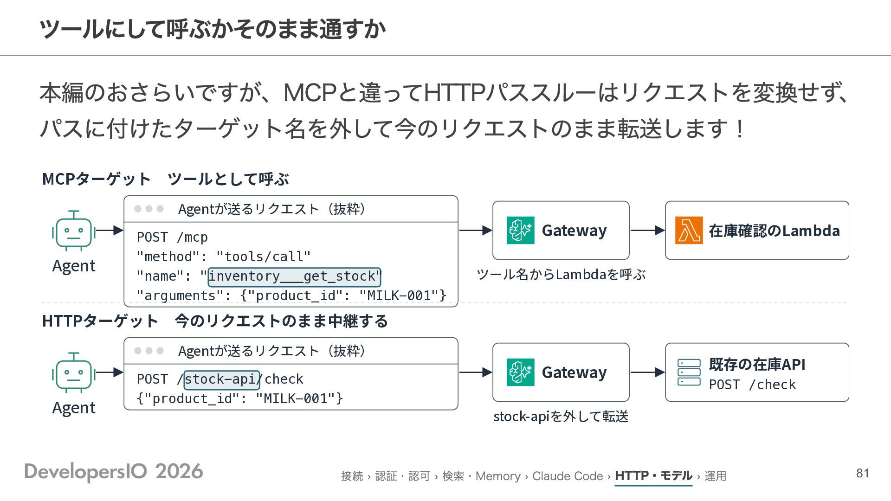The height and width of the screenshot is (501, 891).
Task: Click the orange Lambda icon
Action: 689,230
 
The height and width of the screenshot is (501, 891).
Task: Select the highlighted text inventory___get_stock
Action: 294,276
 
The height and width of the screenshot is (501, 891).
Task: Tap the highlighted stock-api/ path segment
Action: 222,379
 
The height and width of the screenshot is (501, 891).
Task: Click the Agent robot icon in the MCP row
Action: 74,231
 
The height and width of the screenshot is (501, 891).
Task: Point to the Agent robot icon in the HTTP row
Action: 74,373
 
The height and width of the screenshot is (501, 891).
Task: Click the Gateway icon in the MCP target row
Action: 520,230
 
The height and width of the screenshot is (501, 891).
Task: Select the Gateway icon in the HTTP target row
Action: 520,372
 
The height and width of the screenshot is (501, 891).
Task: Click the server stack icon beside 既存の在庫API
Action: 689,372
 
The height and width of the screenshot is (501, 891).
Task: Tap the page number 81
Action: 863,473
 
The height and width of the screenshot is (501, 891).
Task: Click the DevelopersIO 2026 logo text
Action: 114,471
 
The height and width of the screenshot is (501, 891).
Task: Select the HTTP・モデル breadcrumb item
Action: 653,476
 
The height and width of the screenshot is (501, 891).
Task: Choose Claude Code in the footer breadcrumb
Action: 568,476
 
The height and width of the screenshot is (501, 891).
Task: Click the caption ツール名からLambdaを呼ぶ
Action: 561,275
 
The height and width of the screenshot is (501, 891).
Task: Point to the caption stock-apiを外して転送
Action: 561,417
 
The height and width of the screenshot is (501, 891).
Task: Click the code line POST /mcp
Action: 172,238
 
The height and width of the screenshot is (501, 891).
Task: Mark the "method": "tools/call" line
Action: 223,257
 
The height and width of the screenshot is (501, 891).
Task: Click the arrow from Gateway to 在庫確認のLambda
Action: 647,230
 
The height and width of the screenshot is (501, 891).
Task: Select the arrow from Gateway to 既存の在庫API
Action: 647,372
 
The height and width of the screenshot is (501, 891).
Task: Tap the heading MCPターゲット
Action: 96,179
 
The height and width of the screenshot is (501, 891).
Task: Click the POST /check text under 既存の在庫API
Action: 752,385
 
